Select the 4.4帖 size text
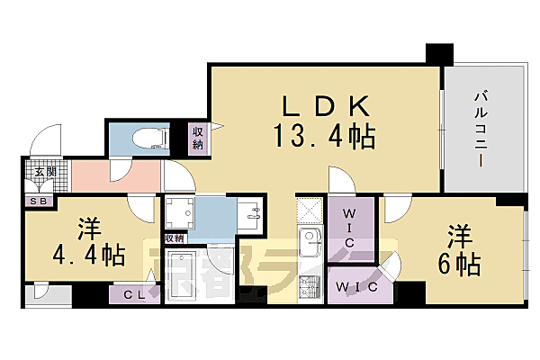click(x=88, y=256)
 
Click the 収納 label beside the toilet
click(x=197, y=139)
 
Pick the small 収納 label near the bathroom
click(x=174, y=238)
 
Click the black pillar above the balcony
click(x=437, y=53)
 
